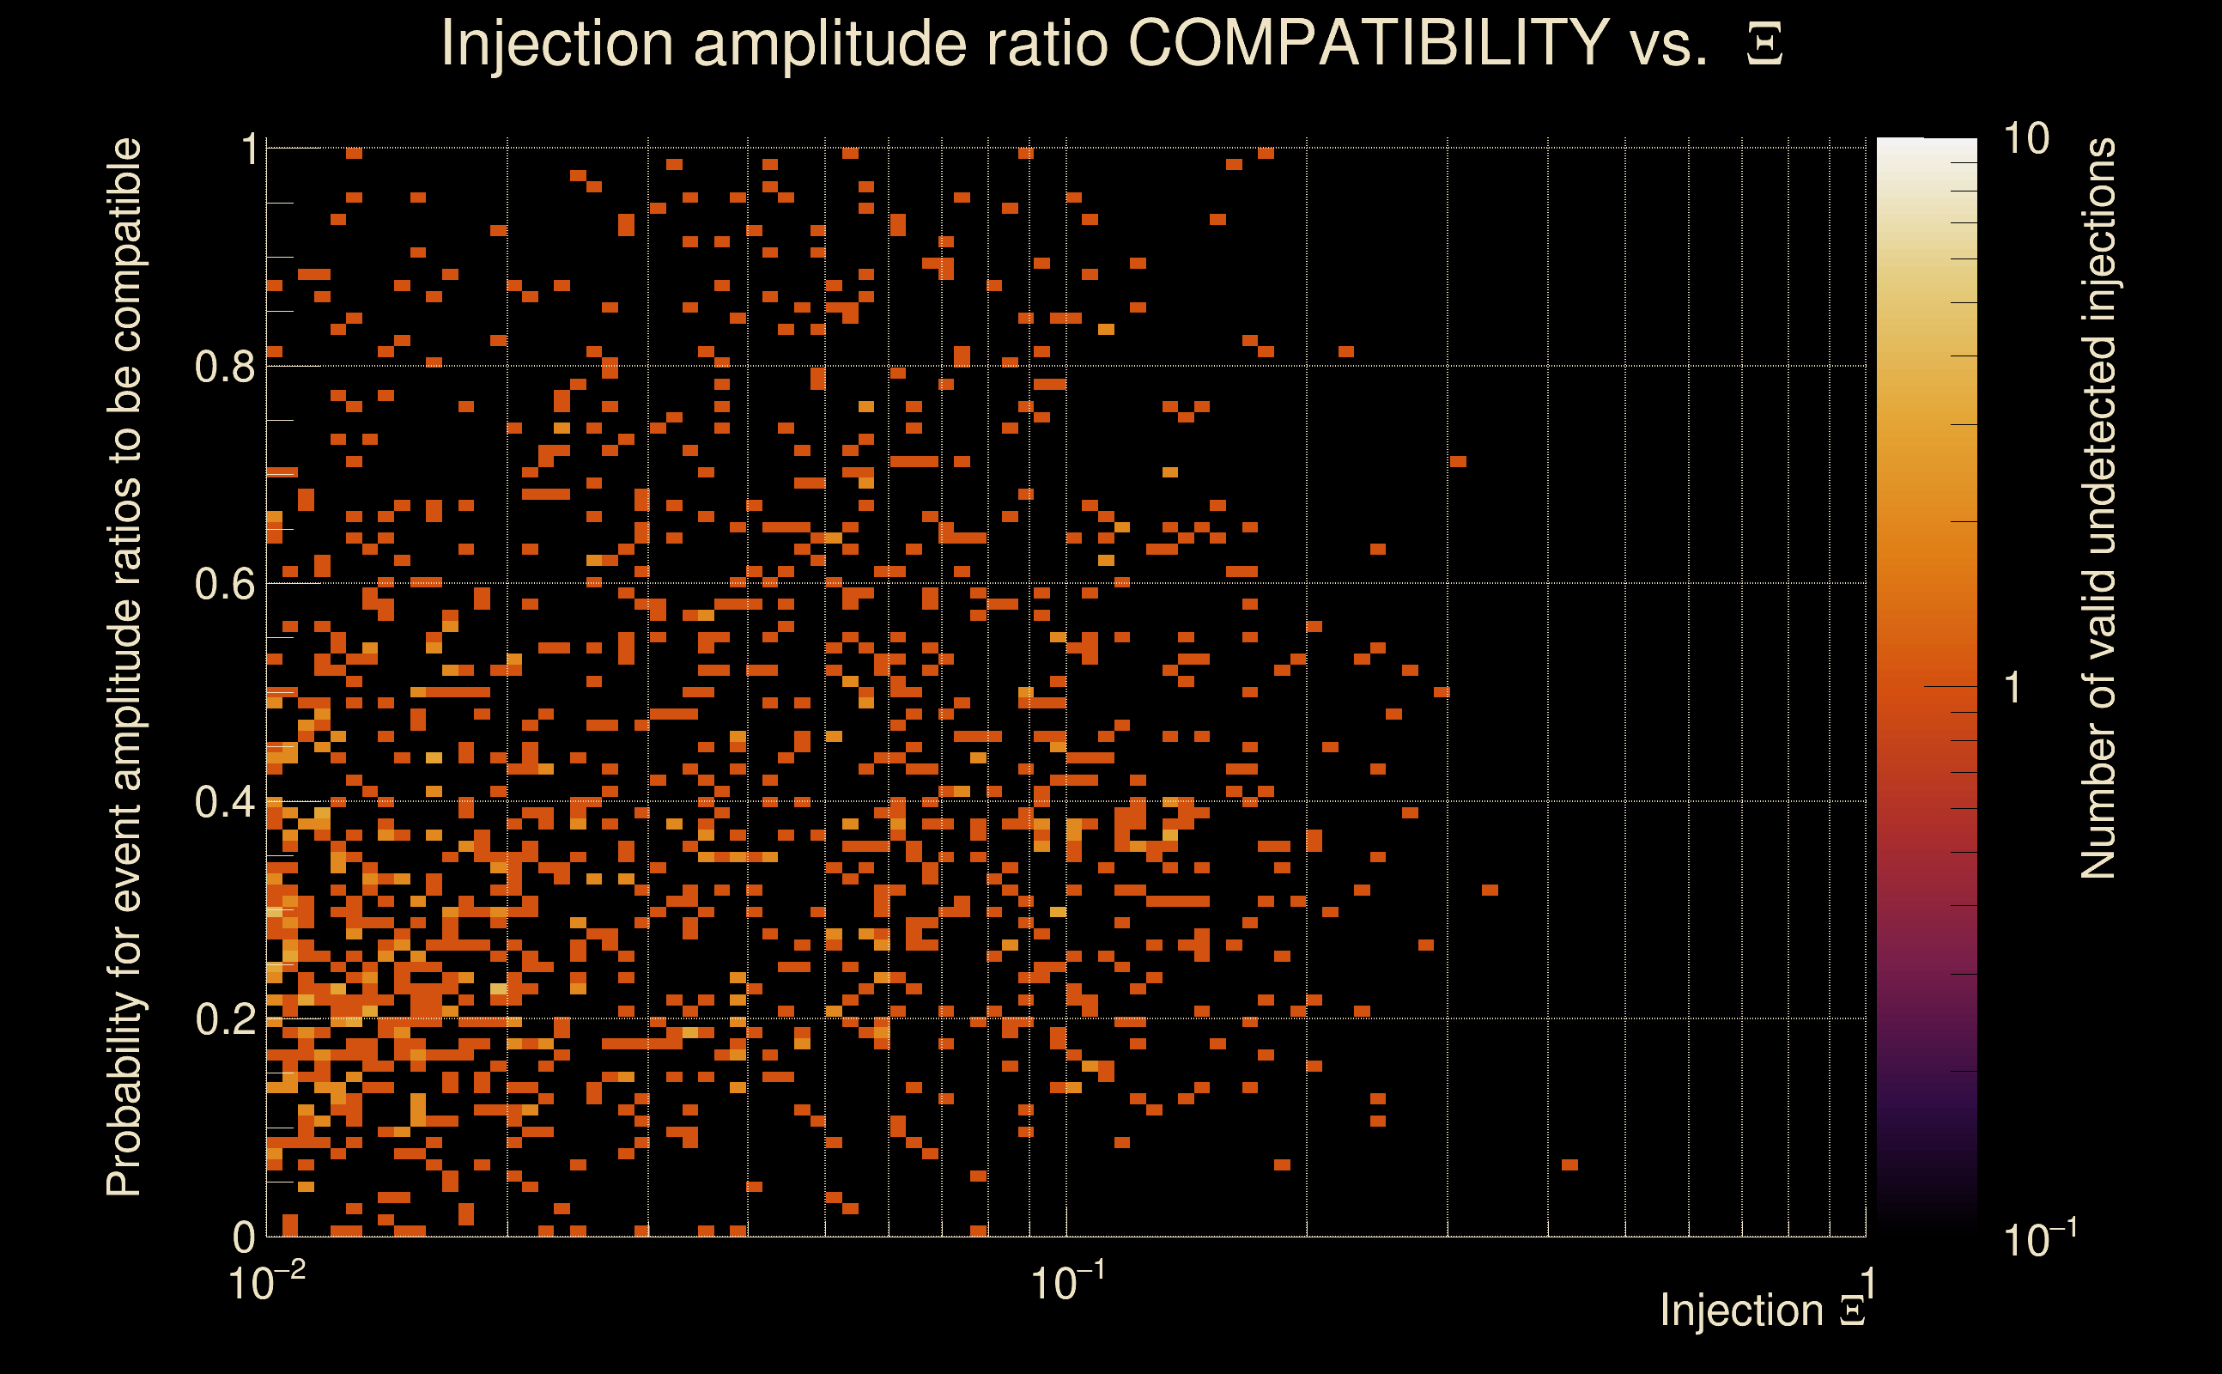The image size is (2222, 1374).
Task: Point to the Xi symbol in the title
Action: pos(1764,45)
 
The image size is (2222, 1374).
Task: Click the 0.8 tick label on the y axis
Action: pos(225,368)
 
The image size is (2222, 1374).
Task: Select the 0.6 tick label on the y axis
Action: pos(225,584)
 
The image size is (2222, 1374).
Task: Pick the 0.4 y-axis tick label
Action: pos(225,802)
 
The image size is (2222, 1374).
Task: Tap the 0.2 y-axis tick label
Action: pos(225,1019)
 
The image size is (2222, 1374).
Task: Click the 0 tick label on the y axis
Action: pos(244,1237)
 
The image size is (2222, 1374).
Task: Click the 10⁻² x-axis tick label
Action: pos(266,1283)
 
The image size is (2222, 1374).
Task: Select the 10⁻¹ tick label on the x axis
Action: pos(1067,1283)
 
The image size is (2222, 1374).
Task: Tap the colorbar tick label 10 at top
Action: pos(2025,139)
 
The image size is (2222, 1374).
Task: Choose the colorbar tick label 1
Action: pos(2013,688)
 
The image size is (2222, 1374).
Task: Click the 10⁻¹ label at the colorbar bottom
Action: pos(2038,1238)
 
